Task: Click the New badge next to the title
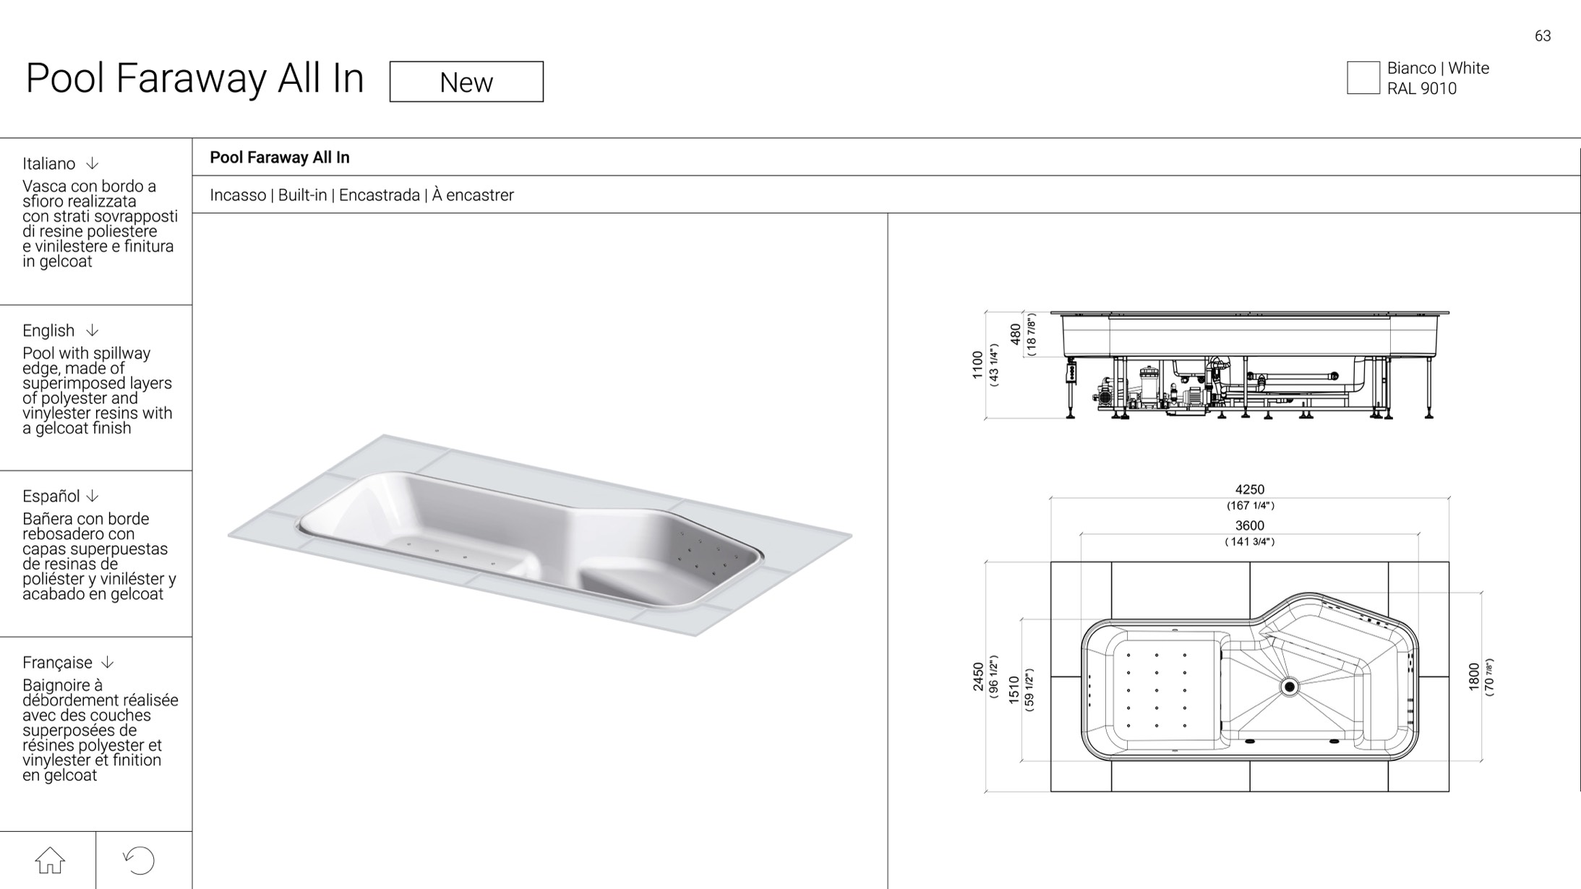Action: click(x=466, y=82)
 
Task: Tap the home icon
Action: click(x=50, y=860)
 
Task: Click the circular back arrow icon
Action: click(x=139, y=860)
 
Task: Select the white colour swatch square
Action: click(x=1363, y=78)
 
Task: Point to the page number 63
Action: click(x=1543, y=36)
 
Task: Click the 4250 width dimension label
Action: click(x=1250, y=489)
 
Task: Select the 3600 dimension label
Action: click(x=1250, y=525)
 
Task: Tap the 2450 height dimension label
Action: click(x=978, y=677)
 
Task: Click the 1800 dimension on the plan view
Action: click(x=1474, y=677)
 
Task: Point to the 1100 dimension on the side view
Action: click(x=978, y=365)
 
